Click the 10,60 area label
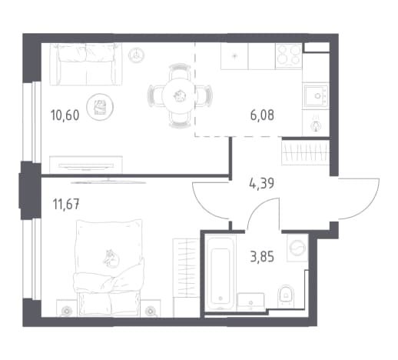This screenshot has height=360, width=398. (x=65, y=115)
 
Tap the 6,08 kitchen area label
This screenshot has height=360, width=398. (x=262, y=115)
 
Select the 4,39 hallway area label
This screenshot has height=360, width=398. (x=261, y=184)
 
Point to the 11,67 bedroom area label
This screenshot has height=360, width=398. (x=66, y=205)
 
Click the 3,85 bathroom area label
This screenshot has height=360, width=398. (x=262, y=257)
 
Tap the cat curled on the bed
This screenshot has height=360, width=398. (x=111, y=258)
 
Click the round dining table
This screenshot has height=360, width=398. (x=179, y=96)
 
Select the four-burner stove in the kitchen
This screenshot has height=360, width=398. (x=288, y=56)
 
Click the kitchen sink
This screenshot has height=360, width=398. (x=316, y=96)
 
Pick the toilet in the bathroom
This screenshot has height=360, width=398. (x=285, y=296)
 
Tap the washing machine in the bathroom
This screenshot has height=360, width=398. (x=297, y=248)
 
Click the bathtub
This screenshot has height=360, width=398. (x=221, y=273)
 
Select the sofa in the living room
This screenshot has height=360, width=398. (x=85, y=64)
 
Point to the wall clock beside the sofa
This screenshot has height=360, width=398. (x=136, y=55)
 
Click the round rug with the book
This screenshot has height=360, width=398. (x=100, y=106)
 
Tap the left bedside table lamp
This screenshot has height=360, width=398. (x=67, y=312)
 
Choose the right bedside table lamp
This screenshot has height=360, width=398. (x=150, y=312)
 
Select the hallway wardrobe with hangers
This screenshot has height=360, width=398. (x=306, y=152)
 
